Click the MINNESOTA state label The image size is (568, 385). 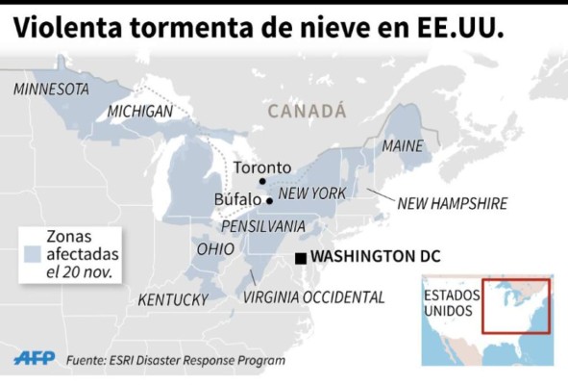[51, 89]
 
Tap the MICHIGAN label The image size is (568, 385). [140, 112]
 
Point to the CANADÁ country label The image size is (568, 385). [307, 112]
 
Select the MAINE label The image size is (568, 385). [403, 146]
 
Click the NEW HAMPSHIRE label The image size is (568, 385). [452, 203]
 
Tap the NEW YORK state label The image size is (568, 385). [312, 193]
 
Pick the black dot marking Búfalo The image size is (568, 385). [269, 201]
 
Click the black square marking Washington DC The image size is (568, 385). [301, 257]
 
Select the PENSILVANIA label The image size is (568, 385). [263, 226]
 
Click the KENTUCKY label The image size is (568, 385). [173, 300]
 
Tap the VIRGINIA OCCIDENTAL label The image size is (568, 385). [313, 297]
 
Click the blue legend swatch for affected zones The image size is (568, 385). [34, 254]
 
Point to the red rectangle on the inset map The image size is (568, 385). [515, 306]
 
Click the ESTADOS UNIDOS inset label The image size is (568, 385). [448, 303]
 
